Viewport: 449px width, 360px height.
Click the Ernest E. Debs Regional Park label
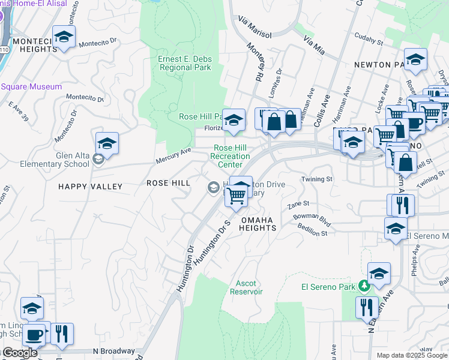[184, 63]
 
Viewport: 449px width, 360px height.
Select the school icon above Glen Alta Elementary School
[107, 143]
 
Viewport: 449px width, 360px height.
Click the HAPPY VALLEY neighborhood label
[90, 187]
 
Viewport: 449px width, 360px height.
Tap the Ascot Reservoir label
[246, 287]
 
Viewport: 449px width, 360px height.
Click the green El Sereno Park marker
[363, 286]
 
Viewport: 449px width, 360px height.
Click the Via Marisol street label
[255, 30]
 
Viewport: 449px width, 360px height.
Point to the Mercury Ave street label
[173, 155]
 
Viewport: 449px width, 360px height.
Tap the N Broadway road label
[114, 351]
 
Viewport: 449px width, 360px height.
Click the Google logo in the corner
[19, 353]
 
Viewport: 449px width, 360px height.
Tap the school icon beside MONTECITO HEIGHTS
[64, 38]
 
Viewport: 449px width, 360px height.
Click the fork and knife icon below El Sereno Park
[367, 308]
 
